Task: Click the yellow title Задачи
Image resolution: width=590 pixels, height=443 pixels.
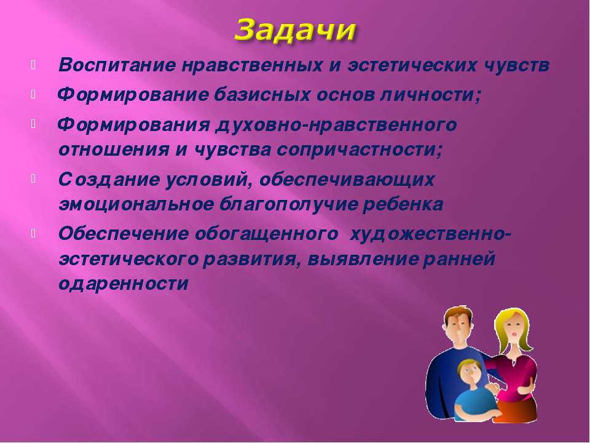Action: pyautogui.click(x=295, y=30)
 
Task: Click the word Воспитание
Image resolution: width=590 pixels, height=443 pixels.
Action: pyautogui.click(x=117, y=65)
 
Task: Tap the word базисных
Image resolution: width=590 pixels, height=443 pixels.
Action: pyautogui.click(x=262, y=94)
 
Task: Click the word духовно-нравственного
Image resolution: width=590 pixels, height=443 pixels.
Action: pyautogui.click(x=336, y=125)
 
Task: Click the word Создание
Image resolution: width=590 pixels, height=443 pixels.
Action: pyautogui.click(x=109, y=179)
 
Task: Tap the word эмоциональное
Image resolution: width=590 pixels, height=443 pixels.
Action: pyautogui.click(x=136, y=205)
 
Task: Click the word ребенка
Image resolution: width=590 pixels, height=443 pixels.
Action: pyautogui.click(x=402, y=204)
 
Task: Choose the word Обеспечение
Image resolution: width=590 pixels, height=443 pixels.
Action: pyautogui.click(x=124, y=234)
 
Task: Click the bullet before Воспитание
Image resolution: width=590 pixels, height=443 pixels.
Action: pyautogui.click(x=33, y=65)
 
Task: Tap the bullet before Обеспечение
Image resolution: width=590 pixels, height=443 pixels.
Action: pyautogui.click(x=33, y=234)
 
